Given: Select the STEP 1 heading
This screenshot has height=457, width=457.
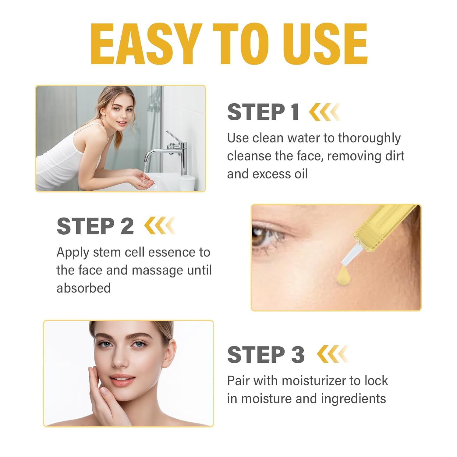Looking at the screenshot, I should point(263,112).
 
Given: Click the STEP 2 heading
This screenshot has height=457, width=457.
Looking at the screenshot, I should point(95,226).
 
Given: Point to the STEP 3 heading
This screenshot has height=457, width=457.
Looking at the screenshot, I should point(266,355).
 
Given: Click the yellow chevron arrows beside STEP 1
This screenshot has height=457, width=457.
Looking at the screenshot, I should point(324,112).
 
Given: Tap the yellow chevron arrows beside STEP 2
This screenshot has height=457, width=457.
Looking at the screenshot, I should point(160,226).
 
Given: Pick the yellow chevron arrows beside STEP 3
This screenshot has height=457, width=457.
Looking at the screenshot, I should point(332,354).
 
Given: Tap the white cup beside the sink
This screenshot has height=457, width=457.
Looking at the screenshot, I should point(187,183).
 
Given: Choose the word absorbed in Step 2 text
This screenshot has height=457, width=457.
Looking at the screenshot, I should point(83,288).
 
